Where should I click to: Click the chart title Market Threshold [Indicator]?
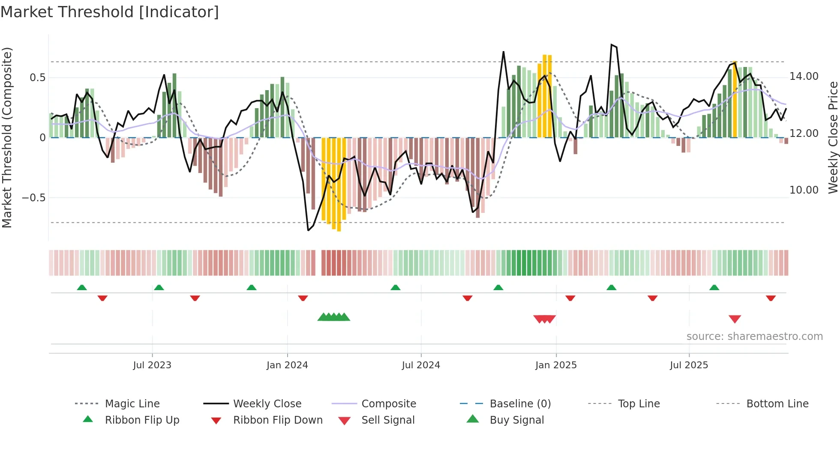[110, 12]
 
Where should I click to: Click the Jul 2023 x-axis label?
[152, 365]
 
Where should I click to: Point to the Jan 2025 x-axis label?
[556, 365]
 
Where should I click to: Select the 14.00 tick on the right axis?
[804, 76]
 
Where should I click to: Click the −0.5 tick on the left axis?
[33, 198]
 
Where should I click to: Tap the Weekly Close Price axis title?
[833, 137]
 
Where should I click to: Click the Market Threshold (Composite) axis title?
[7, 137]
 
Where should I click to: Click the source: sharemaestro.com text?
[754, 337]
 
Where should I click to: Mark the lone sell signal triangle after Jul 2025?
[735, 319]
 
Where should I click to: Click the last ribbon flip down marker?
[771, 298]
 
